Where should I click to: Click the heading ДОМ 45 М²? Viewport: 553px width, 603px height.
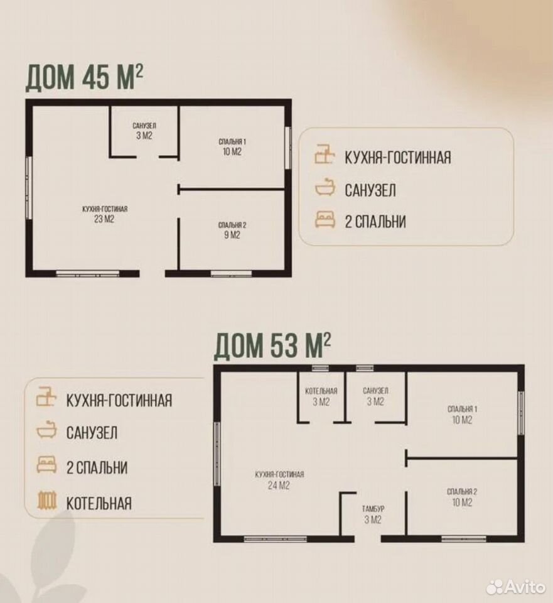coord(84,78)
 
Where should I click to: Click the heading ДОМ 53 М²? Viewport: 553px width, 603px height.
coord(272,345)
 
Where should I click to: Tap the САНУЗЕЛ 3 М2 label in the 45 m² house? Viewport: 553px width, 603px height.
coord(144,131)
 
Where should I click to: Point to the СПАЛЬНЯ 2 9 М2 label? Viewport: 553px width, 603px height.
coord(232,230)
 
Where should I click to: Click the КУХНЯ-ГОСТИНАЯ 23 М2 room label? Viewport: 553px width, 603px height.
coord(105,214)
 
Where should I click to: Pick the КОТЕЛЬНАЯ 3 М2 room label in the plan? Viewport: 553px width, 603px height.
coord(321,396)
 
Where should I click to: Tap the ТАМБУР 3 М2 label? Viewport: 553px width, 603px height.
coord(373,514)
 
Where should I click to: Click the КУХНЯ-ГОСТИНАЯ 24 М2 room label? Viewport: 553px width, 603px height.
coord(279,480)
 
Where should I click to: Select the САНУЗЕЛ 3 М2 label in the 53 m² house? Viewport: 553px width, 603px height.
coord(375,396)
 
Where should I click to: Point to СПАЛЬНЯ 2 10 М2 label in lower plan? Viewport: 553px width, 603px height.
coord(462,497)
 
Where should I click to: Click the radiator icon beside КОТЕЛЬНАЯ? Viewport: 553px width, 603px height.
coord(47,501)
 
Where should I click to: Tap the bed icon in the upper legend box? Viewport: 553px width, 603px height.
coord(325,220)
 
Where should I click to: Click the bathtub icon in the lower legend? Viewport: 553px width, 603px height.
coord(47,430)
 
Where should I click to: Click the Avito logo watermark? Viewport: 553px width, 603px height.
coord(516,587)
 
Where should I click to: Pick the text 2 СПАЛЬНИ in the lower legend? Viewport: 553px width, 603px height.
coord(97,467)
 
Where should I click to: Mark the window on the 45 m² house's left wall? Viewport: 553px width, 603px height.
coord(29,188)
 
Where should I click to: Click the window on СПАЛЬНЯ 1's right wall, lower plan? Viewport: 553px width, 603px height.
coord(521,413)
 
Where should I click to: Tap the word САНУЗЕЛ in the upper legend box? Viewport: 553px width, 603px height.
coord(370,190)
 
